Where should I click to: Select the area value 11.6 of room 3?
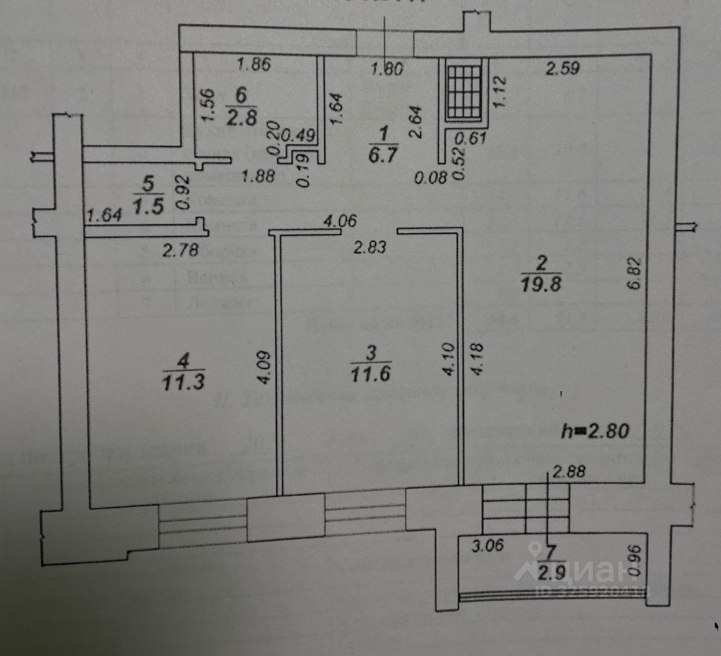tap(371, 373)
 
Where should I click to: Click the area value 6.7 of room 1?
tap(383, 155)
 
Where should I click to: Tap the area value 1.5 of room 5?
tap(147, 206)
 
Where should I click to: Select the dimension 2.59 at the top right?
tap(563, 68)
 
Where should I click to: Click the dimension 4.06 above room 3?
tap(341, 220)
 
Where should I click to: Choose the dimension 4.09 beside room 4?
tap(263, 367)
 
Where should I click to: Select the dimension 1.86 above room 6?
tap(254, 65)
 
